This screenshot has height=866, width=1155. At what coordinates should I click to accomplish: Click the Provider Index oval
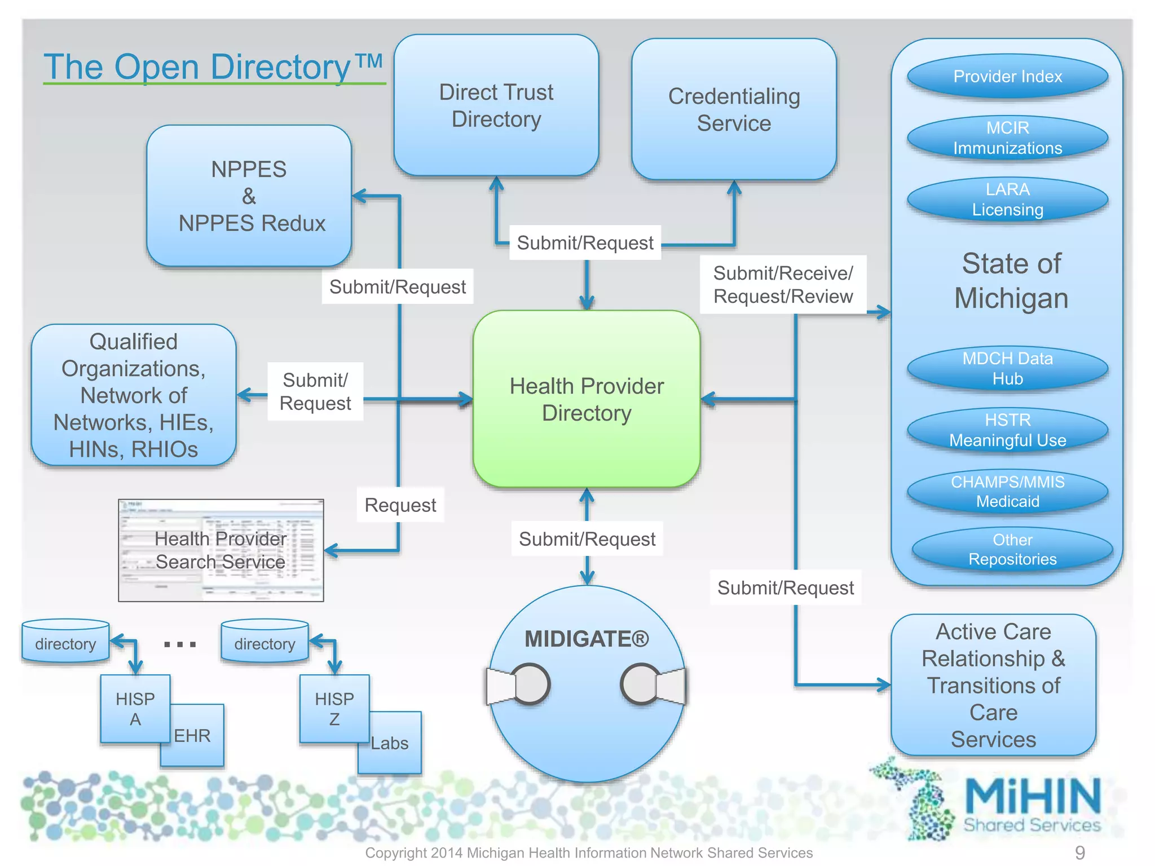pos(1007,76)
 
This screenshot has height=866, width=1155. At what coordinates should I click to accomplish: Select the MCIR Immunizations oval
pos(1007,138)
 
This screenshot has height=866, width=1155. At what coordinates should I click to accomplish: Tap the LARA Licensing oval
pos(1007,200)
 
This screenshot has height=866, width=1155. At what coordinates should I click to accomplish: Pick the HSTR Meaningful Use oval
pos(1007,430)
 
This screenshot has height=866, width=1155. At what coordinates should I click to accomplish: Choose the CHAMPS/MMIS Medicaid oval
pos(1007,492)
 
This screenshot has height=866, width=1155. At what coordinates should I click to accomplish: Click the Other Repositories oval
pos(1012,550)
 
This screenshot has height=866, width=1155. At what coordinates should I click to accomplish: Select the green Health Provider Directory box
pos(587,399)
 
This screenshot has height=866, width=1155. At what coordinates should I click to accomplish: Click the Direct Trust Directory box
pos(496,105)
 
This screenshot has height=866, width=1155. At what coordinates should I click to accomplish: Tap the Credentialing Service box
pos(734,109)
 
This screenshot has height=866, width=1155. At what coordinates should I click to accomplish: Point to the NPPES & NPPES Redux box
pos(249,196)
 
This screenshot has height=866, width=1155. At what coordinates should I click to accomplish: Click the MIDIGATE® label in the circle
pos(587,639)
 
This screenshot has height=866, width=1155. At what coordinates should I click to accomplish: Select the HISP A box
pos(135,709)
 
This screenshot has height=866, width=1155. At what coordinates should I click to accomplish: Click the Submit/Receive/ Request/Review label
pos(783,285)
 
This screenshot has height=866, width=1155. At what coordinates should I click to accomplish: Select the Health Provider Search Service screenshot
pos(221,550)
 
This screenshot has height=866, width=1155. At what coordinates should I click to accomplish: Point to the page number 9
pos(1079,852)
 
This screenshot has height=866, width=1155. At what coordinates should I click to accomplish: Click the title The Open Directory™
pos(214,67)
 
